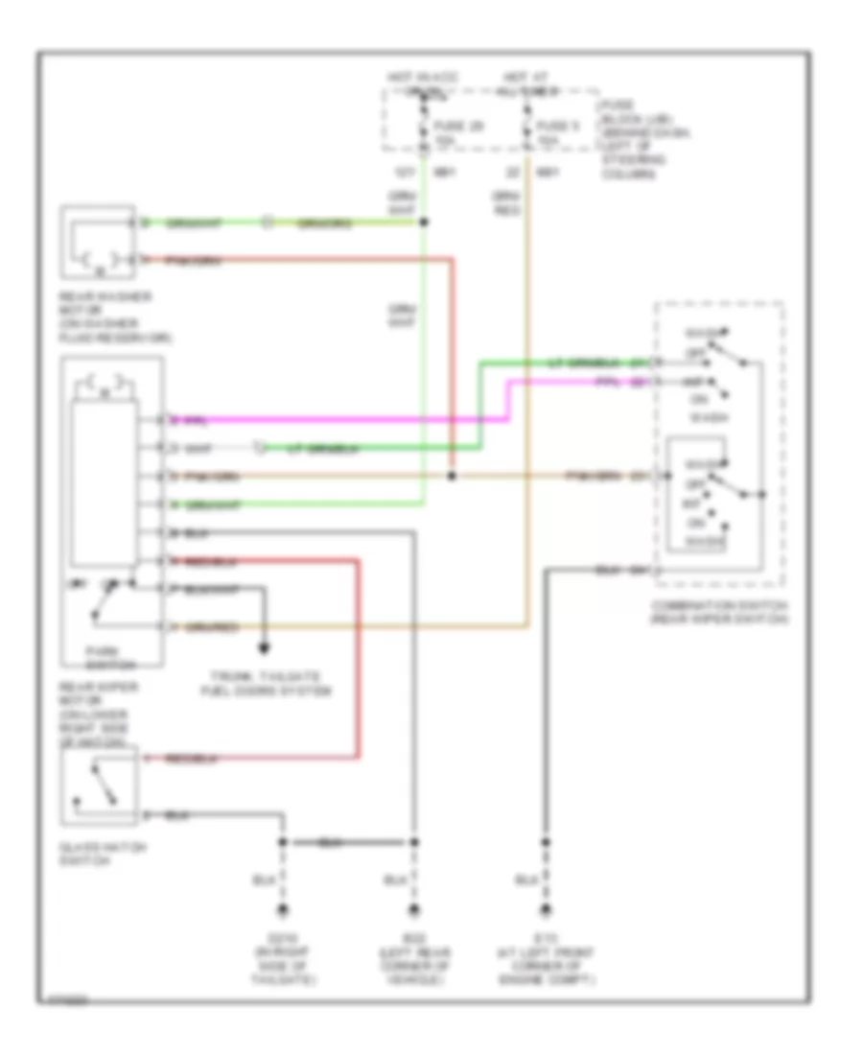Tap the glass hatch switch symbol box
point(100,785)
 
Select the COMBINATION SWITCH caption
point(718,612)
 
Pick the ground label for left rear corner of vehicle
point(414,959)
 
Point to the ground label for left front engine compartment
point(548,959)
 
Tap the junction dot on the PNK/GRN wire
point(453,476)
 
